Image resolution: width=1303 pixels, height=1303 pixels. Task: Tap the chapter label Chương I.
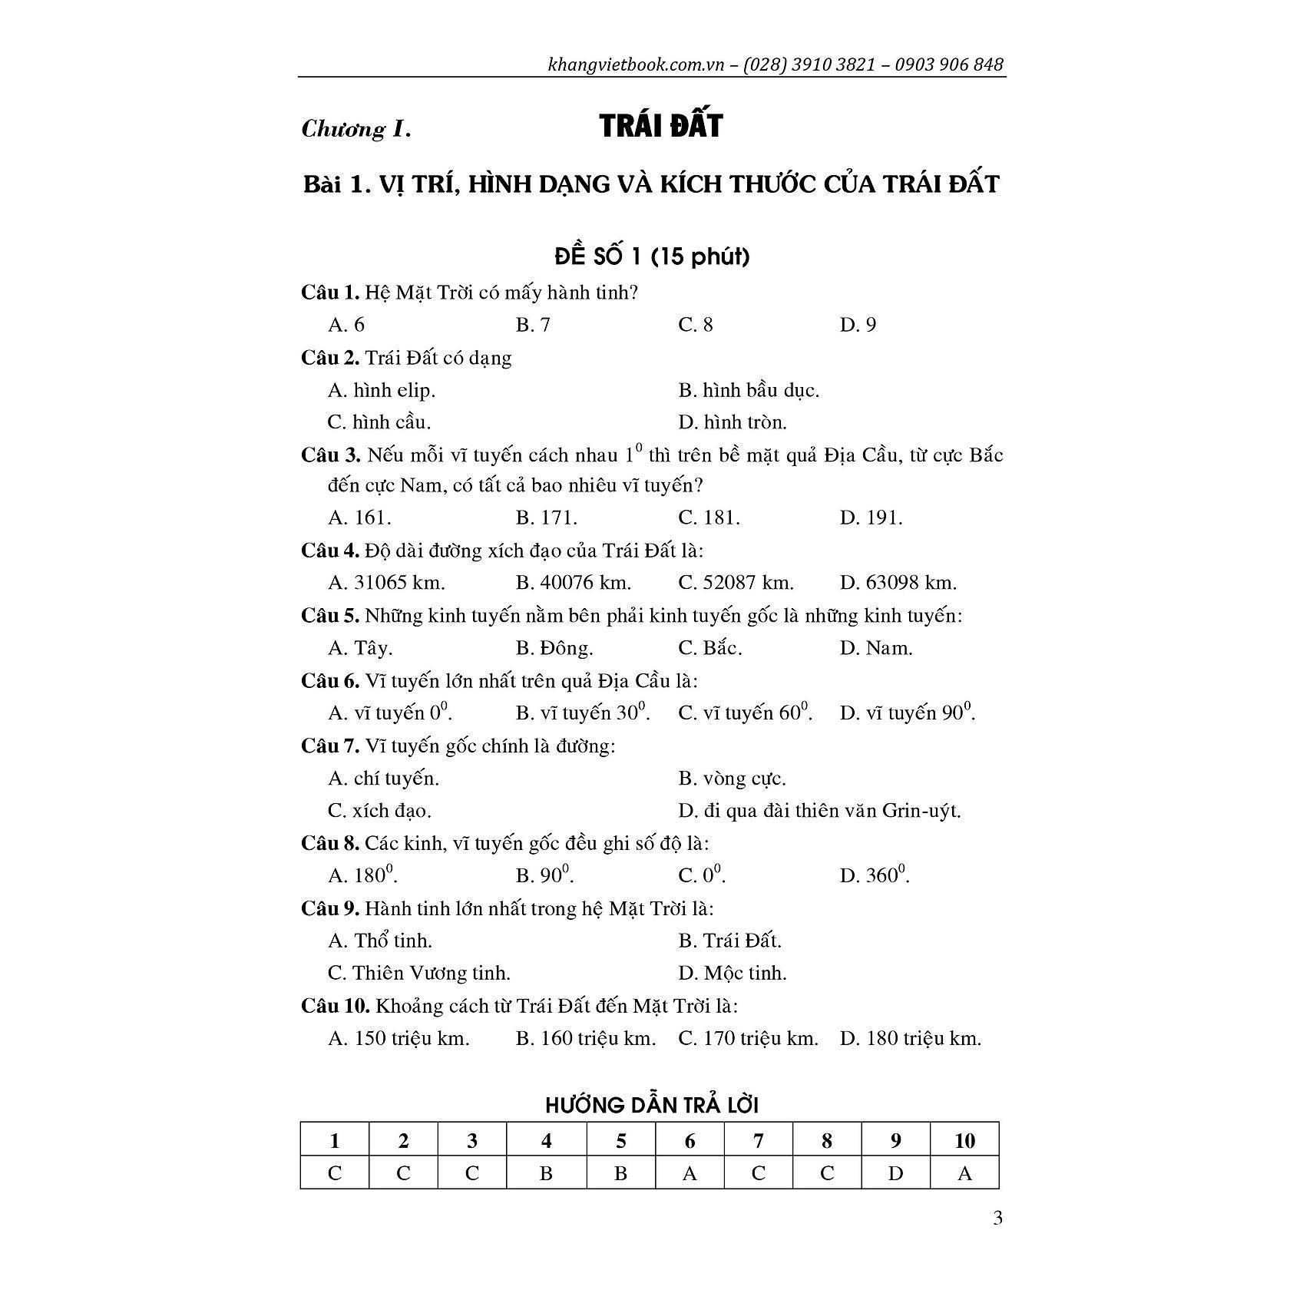click(356, 128)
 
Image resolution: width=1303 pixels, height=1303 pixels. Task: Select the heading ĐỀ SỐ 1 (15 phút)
click(652, 256)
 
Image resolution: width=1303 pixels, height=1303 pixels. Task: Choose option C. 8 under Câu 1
click(696, 325)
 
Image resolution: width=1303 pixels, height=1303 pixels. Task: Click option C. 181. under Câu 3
click(709, 518)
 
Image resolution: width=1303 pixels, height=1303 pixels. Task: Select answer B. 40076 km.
click(573, 583)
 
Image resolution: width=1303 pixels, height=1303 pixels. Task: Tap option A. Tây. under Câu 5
click(360, 648)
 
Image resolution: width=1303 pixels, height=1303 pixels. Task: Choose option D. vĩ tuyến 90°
click(908, 713)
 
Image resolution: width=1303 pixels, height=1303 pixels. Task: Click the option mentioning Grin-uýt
click(819, 810)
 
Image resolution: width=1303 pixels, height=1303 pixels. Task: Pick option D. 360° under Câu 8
click(875, 875)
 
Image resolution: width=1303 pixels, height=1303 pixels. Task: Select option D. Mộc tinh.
click(733, 973)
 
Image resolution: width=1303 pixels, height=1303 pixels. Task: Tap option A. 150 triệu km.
click(399, 1039)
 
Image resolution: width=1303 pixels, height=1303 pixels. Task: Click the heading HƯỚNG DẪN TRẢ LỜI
click(652, 1106)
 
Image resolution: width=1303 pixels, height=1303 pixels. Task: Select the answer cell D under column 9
click(895, 1173)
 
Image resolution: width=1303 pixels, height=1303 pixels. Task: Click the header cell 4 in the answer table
click(546, 1141)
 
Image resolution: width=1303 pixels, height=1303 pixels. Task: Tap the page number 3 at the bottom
click(997, 1219)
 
